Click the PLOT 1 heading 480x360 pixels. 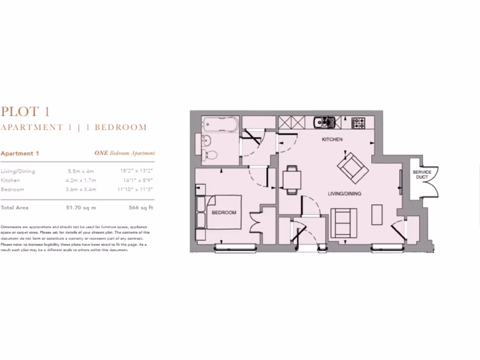click(x=25, y=112)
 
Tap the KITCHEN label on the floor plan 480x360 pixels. click(x=332, y=140)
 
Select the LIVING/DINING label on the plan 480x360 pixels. click(x=344, y=193)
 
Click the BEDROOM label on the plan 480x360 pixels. click(x=224, y=212)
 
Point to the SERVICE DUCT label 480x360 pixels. click(x=422, y=175)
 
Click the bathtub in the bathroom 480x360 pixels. click(x=220, y=124)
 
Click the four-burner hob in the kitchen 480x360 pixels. click(x=359, y=123)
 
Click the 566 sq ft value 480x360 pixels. click(x=141, y=207)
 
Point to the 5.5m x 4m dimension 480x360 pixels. click(x=81, y=172)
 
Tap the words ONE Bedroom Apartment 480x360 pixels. click(x=124, y=153)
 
